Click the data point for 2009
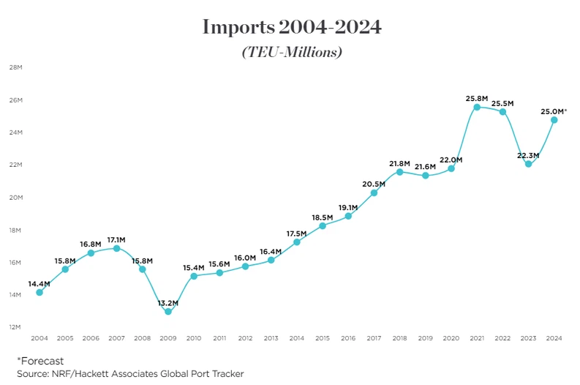[x=168, y=312]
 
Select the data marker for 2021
[x=477, y=107]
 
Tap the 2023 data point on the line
[x=528, y=164]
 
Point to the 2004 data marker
[x=39, y=293]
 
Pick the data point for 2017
[x=374, y=193]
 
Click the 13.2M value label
[x=168, y=302]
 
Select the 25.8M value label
[x=477, y=97]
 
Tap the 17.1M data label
[x=116, y=239]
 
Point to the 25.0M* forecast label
[x=554, y=111]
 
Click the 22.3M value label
[x=528, y=154]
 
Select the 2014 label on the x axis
[x=296, y=338]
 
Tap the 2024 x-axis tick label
[x=554, y=338]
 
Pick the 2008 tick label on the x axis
[x=143, y=338]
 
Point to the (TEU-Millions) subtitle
[x=291, y=53]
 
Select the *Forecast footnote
[x=40, y=361]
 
